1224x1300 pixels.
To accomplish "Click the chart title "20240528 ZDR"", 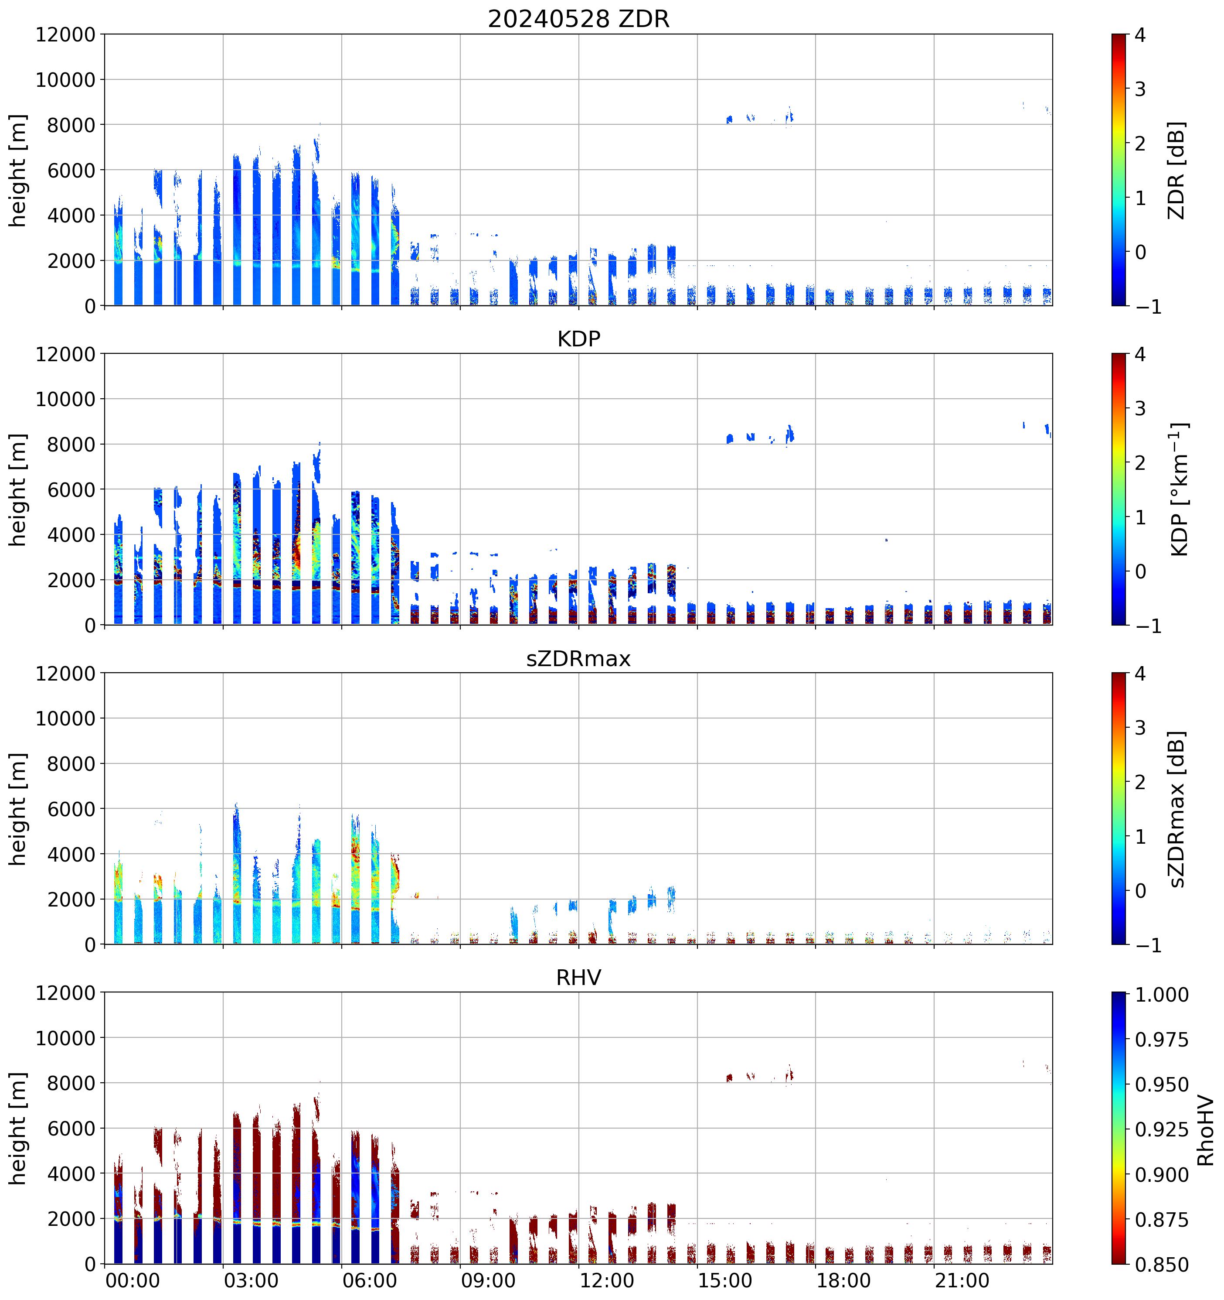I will click(578, 19).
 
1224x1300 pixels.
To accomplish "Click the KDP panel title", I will click(578, 339).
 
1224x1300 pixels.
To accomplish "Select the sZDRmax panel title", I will click(578, 658).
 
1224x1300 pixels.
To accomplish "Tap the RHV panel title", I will click(578, 978).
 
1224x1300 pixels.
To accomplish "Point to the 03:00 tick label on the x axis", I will click(251, 1280).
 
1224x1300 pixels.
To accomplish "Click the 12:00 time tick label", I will click(606, 1280).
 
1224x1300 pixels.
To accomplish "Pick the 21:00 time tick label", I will click(962, 1280).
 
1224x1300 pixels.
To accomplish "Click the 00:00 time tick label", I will click(133, 1280).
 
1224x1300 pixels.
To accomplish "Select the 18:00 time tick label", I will click(843, 1280).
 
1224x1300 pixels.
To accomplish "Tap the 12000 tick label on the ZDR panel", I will click(65, 34).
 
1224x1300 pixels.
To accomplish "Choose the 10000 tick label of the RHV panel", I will click(65, 1038).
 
